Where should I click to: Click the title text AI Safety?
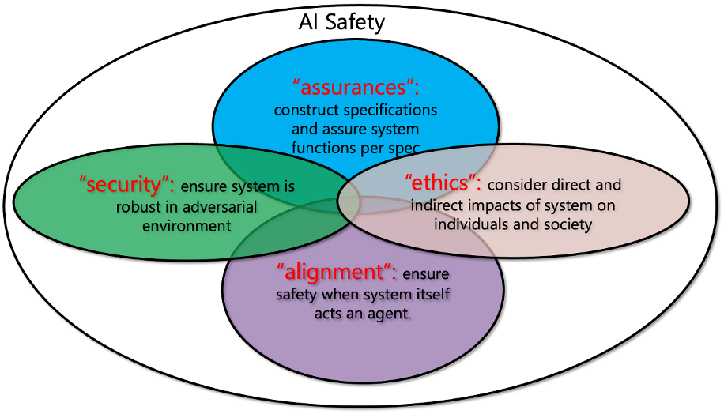[x=341, y=21]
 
